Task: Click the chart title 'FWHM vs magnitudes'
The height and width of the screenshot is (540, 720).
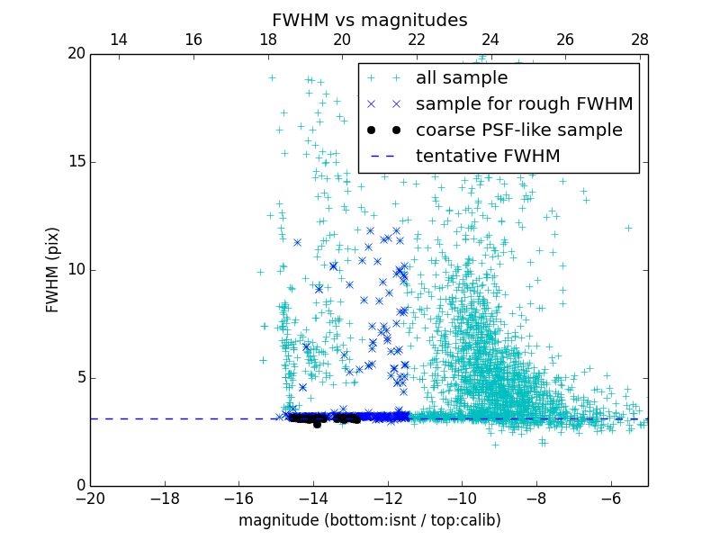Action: coord(369,20)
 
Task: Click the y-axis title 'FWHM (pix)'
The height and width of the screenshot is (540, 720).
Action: coord(53,269)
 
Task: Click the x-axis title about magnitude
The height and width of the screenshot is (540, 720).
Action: coord(369,520)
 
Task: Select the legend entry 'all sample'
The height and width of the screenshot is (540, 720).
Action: coord(462,78)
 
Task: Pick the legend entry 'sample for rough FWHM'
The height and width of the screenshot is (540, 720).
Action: coord(524,103)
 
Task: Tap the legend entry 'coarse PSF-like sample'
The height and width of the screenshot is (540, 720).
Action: coord(518,130)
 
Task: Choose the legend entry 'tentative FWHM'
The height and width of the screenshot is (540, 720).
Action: coord(488,156)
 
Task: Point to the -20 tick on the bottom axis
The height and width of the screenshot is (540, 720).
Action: coord(90,499)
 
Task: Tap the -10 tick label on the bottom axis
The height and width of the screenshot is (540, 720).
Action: coord(462,499)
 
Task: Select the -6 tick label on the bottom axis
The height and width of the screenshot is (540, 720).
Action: coord(610,499)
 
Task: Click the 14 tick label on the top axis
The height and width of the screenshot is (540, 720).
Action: coord(118,40)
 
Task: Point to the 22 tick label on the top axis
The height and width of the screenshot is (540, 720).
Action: coord(417,40)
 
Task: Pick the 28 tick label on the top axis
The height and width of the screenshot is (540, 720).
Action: coord(640,40)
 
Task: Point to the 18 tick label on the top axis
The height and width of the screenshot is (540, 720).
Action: coord(267,40)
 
